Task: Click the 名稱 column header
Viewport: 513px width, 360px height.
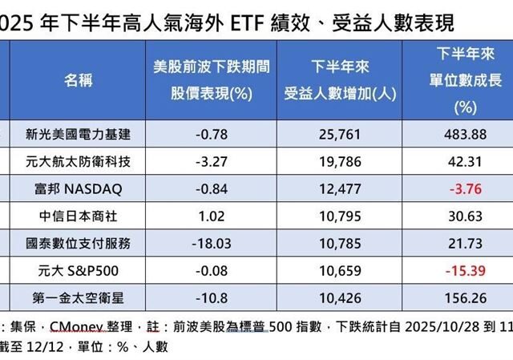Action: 78,81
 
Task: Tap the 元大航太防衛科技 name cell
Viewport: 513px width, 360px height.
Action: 78,161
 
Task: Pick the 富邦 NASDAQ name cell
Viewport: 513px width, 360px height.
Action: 78,188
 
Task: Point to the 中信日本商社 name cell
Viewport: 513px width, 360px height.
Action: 78,215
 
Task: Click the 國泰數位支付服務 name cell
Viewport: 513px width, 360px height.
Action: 78,241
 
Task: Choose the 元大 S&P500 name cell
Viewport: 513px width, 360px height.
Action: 78,269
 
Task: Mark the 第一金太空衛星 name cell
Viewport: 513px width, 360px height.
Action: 78,296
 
